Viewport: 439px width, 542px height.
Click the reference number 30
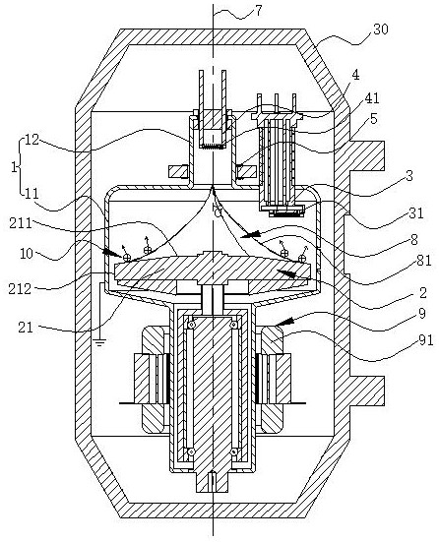coord(381,30)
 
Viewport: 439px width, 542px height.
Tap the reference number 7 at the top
coord(259,11)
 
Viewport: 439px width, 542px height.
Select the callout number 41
coord(372,98)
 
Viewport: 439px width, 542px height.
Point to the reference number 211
coord(21,223)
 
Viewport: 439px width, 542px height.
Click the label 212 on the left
coord(20,288)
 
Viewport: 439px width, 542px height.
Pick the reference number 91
coord(426,340)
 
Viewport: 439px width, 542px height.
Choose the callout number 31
coord(416,212)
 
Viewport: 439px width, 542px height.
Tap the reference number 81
coord(424,261)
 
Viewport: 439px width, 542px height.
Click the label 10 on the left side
coord(27,254)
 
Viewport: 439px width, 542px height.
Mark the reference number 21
coord(26,327)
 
